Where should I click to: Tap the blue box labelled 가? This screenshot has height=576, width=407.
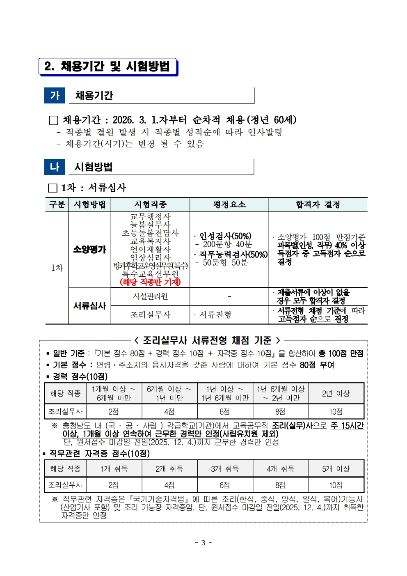tap(55, 95)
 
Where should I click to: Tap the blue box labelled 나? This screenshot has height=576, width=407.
tap(55, 167)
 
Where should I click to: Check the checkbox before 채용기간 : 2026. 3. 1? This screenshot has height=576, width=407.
tap(53, 120)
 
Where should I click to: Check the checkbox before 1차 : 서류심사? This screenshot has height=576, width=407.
tap(53, 188)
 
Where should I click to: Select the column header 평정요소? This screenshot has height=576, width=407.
tap(229, 204)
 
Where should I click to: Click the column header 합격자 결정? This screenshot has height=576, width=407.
tap(318, 204)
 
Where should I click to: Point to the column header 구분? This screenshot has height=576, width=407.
tap(57, 204)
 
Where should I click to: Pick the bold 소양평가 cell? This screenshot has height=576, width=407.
tap(89, 249)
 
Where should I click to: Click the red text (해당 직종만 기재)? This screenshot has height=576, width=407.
tap(150, 282)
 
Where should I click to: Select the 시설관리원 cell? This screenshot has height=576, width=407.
tap(150, 296)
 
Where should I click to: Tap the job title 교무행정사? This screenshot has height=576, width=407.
tap(150, 216)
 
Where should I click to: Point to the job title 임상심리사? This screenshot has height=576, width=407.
tap(150, 257)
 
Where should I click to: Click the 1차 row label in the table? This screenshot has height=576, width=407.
tap(57, 268)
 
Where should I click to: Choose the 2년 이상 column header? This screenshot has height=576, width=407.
tap(336, 393)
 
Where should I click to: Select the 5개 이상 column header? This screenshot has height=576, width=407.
tap(336, 468)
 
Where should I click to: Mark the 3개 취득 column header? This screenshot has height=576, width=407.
tap(224, 468)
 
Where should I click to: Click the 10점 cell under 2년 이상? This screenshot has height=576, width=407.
tap(336, 411)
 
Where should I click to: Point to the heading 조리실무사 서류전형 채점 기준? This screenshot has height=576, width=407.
tap(207, 340)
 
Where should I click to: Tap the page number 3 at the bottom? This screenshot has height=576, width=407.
tap(203, 543)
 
